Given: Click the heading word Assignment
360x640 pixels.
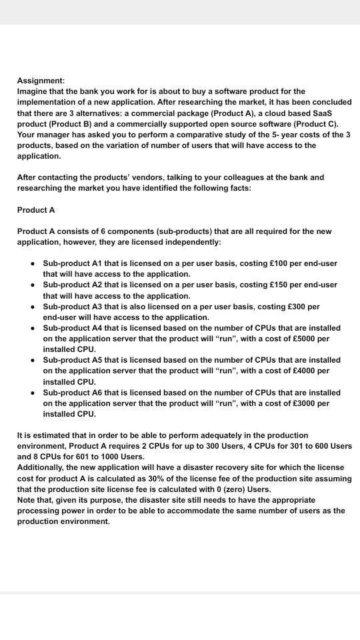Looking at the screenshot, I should click(x=41, y=80).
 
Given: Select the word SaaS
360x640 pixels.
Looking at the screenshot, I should click(x=335, y=113).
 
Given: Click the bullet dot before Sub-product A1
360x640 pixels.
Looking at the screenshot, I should click(x=32, y=263).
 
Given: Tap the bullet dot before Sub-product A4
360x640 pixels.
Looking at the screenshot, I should click(x=32, y=328).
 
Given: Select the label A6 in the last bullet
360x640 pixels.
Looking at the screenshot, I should click(x=98, y=393).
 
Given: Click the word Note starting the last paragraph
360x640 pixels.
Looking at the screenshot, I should click(x=27, y=500).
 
